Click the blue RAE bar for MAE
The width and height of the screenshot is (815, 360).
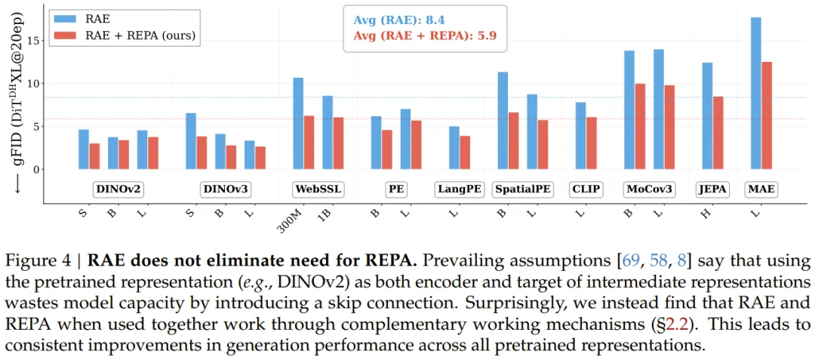point(756,93)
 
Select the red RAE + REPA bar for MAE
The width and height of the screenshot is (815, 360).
point(767,115)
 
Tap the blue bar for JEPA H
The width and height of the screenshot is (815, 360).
point(707,115)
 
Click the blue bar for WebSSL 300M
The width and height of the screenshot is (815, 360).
point(298,124)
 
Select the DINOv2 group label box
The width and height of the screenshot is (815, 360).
point(119,190)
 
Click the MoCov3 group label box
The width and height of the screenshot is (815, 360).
point(648,190)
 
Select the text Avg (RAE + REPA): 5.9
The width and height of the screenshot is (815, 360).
point(425,35)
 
